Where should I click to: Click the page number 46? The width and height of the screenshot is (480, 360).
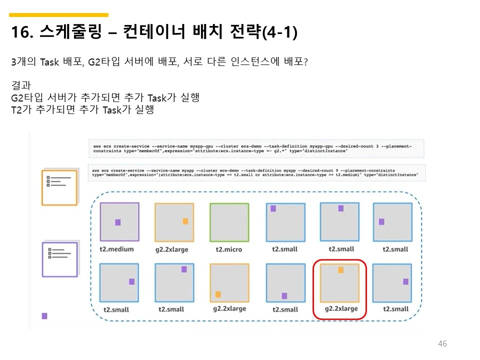coord(442,343)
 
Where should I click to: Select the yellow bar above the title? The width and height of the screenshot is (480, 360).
coord(59,15)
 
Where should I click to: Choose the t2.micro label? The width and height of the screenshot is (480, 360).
coord(229,249)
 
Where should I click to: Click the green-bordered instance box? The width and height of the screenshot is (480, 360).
coord(229,222)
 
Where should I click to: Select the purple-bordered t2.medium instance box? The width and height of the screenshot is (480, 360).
coord(119,222)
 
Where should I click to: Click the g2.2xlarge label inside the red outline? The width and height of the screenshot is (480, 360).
coord(341,308)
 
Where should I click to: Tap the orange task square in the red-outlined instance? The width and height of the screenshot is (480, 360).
coord(340,270)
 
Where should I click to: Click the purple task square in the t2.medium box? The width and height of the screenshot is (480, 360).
coord(118,222)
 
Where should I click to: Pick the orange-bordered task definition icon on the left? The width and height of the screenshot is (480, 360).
coord(59,187)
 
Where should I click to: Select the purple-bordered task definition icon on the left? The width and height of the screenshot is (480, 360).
coord(59,259)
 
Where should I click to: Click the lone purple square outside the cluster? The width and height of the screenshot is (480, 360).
coord(44,316)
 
